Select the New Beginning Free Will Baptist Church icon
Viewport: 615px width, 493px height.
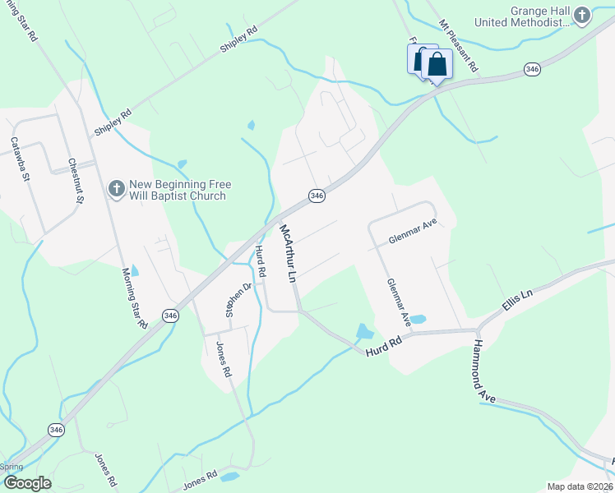[x=116, y=190]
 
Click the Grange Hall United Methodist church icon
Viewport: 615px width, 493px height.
[x=582, y=16]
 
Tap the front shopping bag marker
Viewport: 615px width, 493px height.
[x=437, y=64]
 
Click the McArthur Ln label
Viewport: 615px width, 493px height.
[x=287, y=254]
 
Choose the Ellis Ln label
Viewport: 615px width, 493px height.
[x=517, y=305]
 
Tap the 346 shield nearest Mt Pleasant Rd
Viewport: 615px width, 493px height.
[x=531, y=71]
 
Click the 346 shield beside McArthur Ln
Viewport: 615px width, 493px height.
[x=317, y=196]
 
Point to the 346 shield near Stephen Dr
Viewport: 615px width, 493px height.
[x=170, y=315]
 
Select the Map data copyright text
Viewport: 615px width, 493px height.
[x=580, y=486]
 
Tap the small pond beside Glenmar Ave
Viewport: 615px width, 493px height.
[x=418, y=319]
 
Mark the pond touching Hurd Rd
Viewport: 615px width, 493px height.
[x=363, y=331]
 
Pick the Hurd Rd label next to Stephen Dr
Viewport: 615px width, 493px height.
[x=260, y=261]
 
